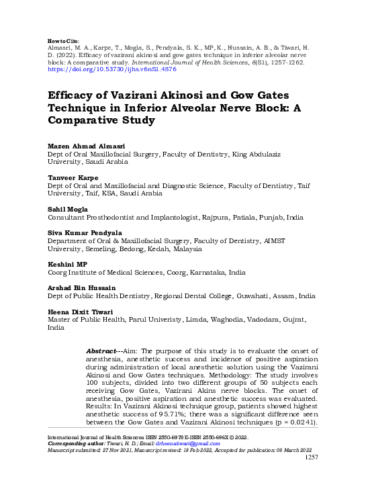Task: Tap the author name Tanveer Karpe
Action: pyautogui.click(x=70, y=177)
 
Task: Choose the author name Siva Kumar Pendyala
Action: pyautogui.click(x=84, y=232)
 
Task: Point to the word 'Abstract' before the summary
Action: pyautogui.click(x=103, y=351)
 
